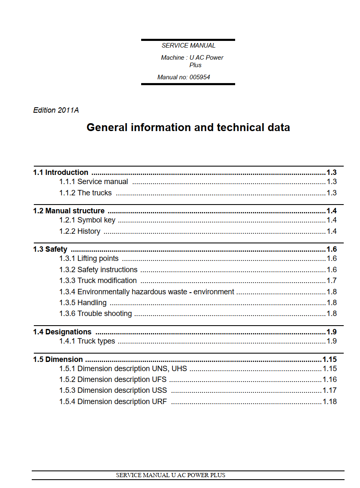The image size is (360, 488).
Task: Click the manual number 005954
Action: [200, 77]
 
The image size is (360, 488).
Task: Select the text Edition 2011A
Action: [56, 110]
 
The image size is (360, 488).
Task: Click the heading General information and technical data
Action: [188, 127]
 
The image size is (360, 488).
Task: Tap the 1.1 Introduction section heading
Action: [61, 172]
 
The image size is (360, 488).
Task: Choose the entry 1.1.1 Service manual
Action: [94, 182]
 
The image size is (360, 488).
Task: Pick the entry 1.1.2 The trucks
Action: [85, 193]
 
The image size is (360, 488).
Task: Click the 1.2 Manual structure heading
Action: [69, 211]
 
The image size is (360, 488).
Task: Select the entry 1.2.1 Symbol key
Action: [87, 220]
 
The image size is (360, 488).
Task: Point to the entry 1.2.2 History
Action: [80, 231]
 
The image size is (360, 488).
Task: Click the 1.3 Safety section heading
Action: [50, 249]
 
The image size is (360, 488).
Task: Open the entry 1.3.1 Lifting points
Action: [89, 258]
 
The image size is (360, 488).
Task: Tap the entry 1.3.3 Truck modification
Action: [98, 281]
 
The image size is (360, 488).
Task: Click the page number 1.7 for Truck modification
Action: [332, 281]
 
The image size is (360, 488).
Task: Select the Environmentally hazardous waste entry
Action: [147, 292]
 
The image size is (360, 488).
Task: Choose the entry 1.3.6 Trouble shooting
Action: [96, 314]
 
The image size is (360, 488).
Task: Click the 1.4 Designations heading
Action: [62, 332]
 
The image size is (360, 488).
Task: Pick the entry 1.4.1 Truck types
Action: [87, 341]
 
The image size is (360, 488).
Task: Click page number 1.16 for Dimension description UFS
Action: [330, 379]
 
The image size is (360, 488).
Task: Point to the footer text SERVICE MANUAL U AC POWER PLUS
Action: [170, 475]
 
